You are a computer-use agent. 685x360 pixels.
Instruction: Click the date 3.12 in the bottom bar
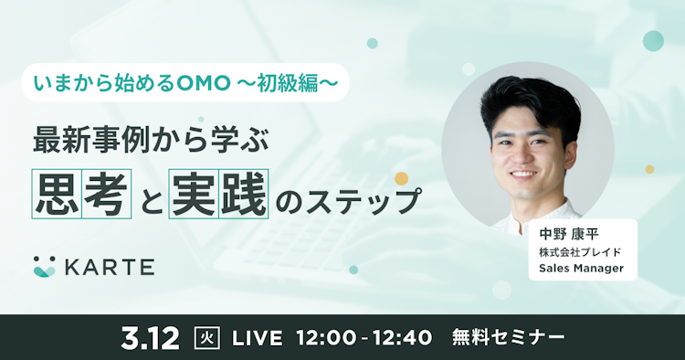(x=152, y=337)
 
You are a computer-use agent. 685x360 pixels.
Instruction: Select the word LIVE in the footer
(x=258, y=337)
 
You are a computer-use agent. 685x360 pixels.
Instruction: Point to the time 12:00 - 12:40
(x=364, y=337)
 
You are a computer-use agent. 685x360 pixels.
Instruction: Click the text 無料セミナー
(x=508, y=337)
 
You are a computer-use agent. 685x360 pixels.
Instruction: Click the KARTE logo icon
(x=44, y=266)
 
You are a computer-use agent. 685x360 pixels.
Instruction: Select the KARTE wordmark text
(x=109, y=267)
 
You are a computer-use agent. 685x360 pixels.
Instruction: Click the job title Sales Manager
(x=581, y=269)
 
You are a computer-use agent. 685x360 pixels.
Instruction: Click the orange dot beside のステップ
(x=400, y=178)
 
